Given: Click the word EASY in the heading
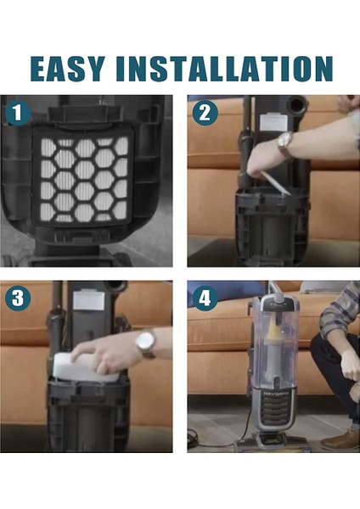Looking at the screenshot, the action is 68,69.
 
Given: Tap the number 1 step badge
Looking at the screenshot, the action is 18,113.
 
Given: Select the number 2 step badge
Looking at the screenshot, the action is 205,113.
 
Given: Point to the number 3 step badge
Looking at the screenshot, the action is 18,299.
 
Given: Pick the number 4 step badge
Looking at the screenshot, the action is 205,299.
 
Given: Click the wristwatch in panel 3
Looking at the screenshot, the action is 145,344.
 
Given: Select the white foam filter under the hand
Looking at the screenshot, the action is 85,368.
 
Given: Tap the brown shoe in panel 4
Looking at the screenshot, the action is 340,439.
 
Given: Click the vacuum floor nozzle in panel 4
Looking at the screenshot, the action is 272,442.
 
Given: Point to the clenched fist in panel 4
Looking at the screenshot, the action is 350,366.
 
